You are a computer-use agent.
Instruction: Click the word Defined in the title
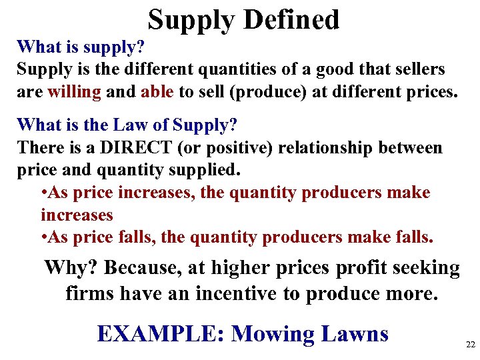(291, 19)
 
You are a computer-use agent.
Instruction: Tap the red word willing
(74, 91)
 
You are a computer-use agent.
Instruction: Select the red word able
(158, 91)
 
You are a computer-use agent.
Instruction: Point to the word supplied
(201, 169)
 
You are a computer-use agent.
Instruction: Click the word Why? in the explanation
(71, 268)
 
